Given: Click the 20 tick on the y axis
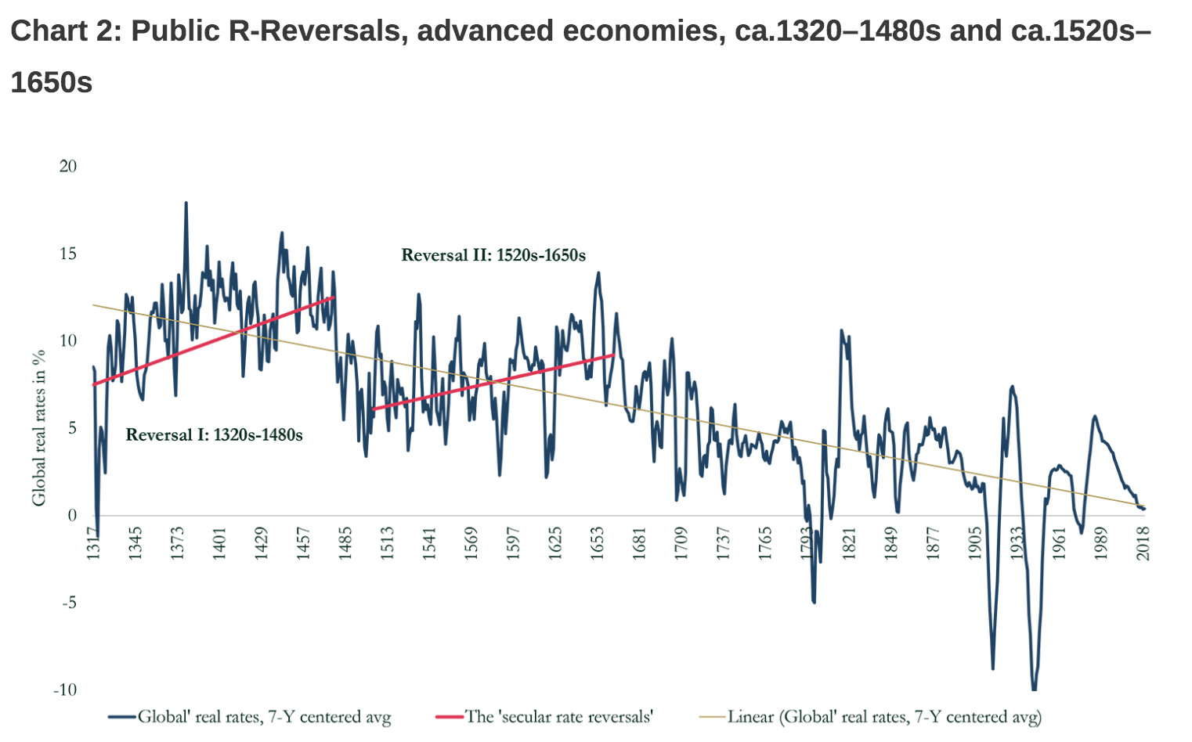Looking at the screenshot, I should pos(68,166).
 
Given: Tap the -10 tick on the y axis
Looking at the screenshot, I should pos(65,690).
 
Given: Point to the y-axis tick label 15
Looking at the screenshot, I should pos(68,254).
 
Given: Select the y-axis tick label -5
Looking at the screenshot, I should pos(68,603).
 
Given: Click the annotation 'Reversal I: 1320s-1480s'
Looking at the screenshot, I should pos(214,434).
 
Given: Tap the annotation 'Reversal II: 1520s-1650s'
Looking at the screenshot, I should pos(493,255).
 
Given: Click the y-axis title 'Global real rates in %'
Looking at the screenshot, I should pos(38,427).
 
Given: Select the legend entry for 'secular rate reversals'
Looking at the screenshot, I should pos(558,716).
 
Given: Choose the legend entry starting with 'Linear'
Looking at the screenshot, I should pos(883,716).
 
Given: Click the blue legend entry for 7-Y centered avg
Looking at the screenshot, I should pos(264,716).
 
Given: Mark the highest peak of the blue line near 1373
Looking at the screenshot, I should pos(186,203).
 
